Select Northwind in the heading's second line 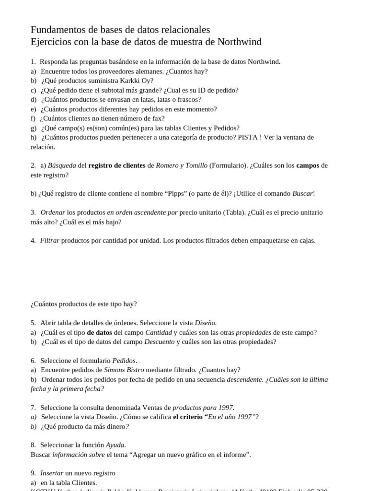(240, 42)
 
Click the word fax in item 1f (159, 118)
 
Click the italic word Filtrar (50, 241)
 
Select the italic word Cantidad (158, 332)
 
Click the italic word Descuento (159, 342)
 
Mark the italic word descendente (244, 379)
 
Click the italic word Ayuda (115, 445)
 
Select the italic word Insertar (51, 473)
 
